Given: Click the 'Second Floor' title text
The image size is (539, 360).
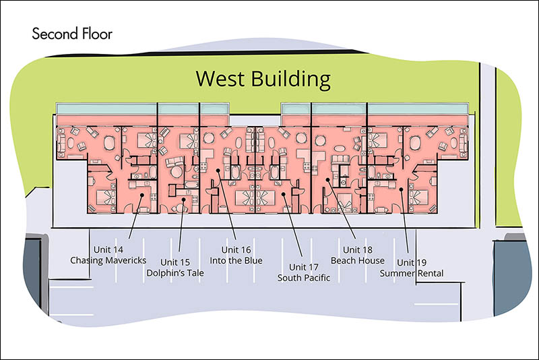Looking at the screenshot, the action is coord(72,34).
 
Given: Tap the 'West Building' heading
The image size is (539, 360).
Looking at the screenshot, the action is coord(263,79).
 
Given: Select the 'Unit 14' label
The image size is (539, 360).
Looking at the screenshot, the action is coord(108,249).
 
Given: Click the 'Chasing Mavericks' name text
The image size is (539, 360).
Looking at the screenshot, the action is coord(108,260).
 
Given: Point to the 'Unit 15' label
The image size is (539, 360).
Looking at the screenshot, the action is coord(175,262).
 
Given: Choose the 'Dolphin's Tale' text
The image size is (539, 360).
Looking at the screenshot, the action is coord(175,273).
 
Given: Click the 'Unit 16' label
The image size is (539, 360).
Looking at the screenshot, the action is coord(236,249).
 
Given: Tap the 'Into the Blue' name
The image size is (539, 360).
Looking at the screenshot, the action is coord(236,261).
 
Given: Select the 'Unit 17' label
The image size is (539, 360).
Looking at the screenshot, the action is coord(304,267).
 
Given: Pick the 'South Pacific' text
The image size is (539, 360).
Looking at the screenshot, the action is coord(304,278).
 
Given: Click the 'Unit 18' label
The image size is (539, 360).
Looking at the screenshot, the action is coord(358,249).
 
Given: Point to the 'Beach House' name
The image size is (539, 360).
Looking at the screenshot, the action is coord(358,261).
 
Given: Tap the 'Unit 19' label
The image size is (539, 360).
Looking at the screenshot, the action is coord(412,262).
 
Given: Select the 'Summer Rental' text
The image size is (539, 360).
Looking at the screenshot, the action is coord(412,273).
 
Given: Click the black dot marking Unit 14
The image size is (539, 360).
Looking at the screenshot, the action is coord(142,195).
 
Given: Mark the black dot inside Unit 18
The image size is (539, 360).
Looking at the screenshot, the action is coord(328,179).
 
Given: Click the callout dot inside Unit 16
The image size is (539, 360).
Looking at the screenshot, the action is coord(218,170).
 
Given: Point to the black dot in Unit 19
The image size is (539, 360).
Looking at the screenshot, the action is coord(401,189).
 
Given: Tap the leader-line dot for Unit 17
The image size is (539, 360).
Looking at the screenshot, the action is coord(284,194).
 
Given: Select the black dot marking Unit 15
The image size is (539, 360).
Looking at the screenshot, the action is coord(183,199).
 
